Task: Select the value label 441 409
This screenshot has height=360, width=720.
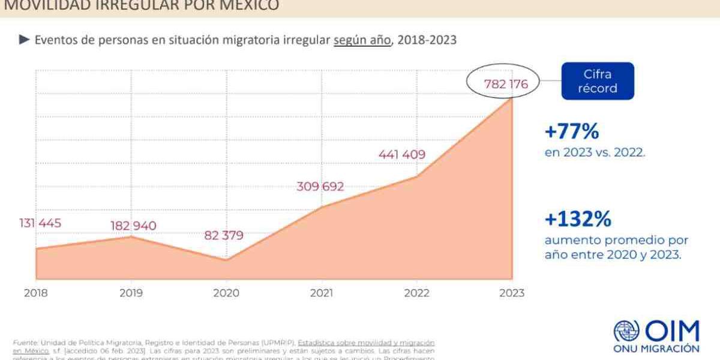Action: click(402, 154)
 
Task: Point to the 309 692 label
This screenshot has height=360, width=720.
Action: click(320, 187)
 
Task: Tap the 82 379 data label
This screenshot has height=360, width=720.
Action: click(224, 235)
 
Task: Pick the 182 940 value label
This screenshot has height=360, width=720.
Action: click(133, 226)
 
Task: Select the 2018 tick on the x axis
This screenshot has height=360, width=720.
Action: click(36, 293)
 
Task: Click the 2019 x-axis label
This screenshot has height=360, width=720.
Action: click(131, 293)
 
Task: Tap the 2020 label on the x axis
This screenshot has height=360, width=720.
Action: click(226, 293)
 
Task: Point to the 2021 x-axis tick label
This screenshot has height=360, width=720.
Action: click(321, 293)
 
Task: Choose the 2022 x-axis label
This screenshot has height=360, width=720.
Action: click(416, 293)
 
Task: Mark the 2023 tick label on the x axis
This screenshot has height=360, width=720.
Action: click(511, 293)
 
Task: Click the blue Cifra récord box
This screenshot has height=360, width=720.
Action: click(596, 81)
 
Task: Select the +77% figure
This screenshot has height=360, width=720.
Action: click(571, 131)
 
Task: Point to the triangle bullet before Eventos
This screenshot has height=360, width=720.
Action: click(24, 40)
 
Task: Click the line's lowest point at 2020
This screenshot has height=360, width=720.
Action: click(226, 260)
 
